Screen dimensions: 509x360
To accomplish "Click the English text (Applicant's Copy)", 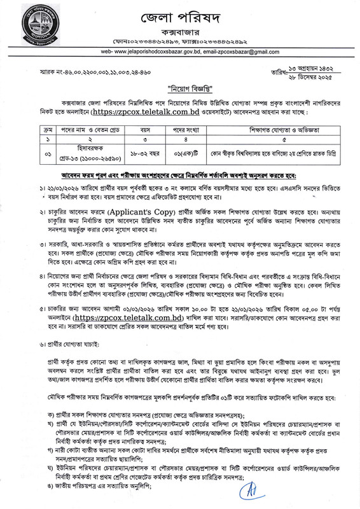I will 121,206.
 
